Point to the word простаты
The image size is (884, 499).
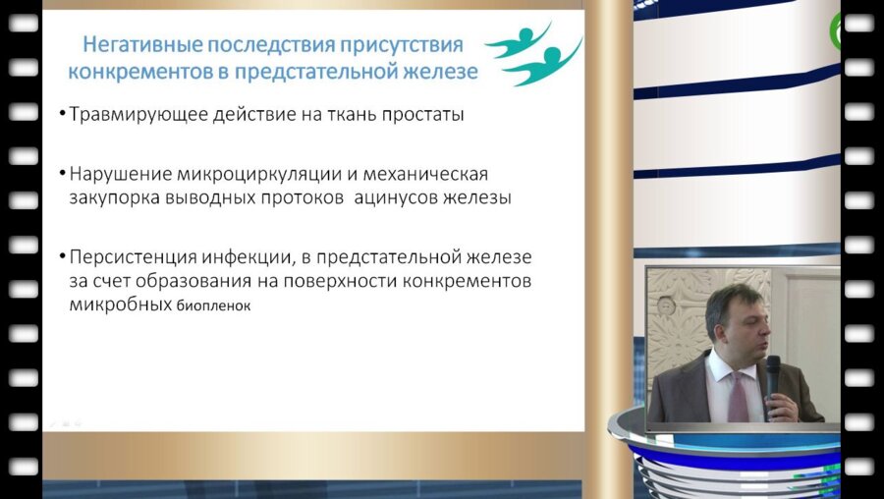[x=421, y=115]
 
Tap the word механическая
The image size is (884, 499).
[x=425, y=174]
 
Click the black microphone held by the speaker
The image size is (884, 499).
[x=773, y=377]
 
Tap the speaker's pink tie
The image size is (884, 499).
[x=737, y=393]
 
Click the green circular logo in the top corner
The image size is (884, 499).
[x=837, y=32]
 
